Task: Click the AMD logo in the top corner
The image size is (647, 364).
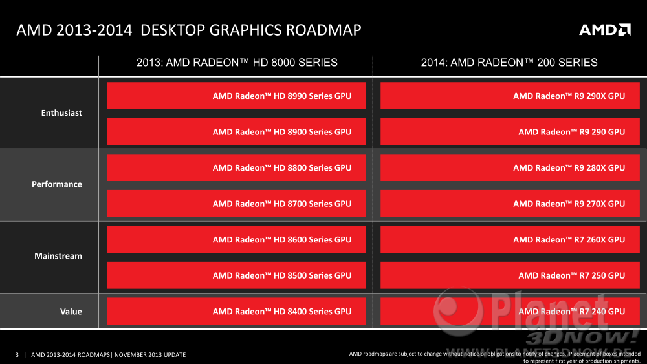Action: [x=604, y=30]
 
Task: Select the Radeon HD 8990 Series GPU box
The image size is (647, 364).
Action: [x=236, y=96]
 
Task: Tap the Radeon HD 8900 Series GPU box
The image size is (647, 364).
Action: [x=236, y=131]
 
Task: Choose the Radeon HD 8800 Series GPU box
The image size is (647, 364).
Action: [x=236, y=167]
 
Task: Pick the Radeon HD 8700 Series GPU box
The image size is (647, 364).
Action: [x=236, y=203]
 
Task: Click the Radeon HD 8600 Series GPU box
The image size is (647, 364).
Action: [x=236, y=239]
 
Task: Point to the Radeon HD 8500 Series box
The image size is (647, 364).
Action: [x=236, y=275]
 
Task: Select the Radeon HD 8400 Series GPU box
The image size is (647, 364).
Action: [x=236, y=311]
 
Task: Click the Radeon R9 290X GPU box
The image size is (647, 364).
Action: [x=510, y=96]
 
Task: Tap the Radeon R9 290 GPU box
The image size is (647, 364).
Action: [x=510, y=131]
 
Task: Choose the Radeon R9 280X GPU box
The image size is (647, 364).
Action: [x=510, y=167]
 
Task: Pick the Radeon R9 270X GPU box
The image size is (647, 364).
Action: [x=510, y=203]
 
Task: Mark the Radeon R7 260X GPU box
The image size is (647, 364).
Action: [x=510, y=239]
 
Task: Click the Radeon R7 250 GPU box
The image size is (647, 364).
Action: [x=510, y=275]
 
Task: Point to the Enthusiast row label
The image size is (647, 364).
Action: [x=61, y=113]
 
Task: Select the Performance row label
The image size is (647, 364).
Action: [x=57, y=184]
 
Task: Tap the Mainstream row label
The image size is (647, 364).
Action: [x=58, y=256]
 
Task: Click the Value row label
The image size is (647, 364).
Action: [x=71, y=312]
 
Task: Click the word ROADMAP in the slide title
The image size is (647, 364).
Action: [x=323, y=30]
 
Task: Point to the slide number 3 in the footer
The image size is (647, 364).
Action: [x=17, y=354]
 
